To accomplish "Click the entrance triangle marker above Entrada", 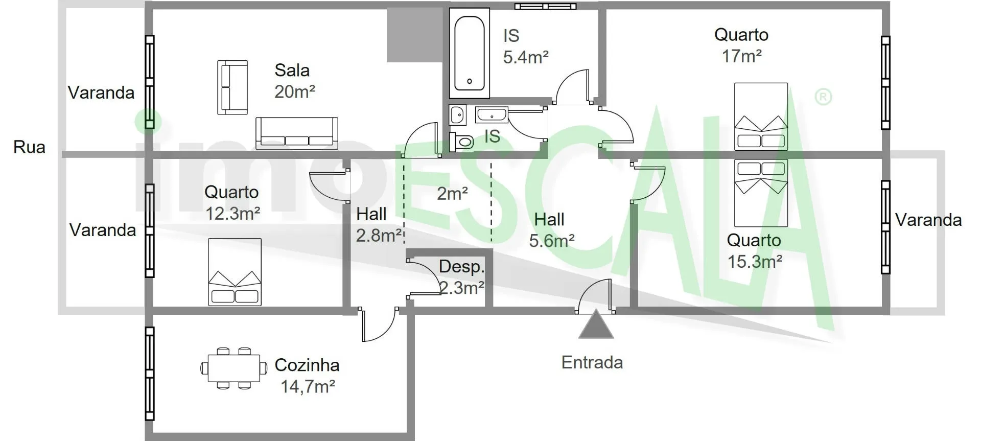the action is [596, 326].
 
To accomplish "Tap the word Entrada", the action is [592, 362].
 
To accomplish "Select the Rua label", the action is [29, 147].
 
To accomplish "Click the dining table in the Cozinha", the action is [234, 368].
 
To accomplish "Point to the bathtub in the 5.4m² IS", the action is [469, 54].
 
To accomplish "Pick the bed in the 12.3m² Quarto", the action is [235, 272].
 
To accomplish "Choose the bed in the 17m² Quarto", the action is [761, 117].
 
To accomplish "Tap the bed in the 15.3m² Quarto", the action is [761, 193].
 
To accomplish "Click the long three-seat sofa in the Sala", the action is [297, 133].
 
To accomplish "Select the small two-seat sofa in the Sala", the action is [232, 87].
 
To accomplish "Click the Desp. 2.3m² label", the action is [461, 277].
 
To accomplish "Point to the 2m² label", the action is [453, 193].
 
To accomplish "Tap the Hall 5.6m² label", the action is [551, 230].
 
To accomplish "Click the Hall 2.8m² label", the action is [379, 224].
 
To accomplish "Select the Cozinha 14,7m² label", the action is [307, 376].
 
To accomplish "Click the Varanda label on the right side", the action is [928, 220].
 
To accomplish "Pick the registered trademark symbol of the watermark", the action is [823, 97].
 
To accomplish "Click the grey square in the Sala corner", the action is [414, 35].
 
